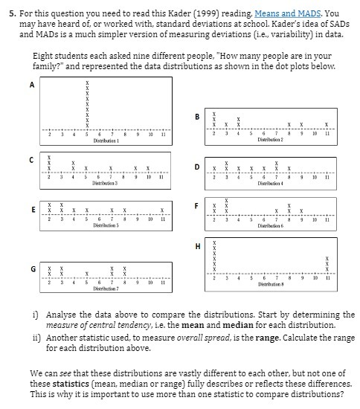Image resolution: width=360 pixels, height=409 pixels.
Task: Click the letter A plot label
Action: pos(32,85)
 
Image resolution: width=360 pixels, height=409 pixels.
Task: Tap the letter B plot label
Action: pos(197,117)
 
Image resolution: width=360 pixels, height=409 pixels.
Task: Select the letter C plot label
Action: pos(32,158)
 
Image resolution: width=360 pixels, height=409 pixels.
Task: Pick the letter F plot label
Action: pos(196,204)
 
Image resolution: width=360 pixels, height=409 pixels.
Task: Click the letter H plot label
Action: pos(197,246)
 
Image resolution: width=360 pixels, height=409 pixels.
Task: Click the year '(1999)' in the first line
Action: pos(196,13)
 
